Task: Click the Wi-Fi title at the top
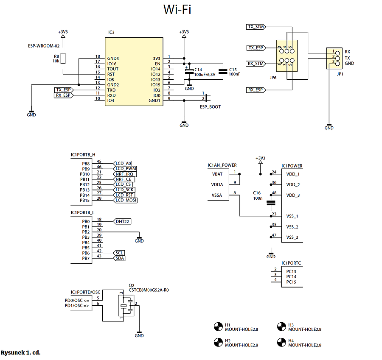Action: (177, 10)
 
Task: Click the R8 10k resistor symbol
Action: (63, 59)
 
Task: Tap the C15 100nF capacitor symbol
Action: (222, 72)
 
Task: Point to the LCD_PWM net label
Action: (126, 169)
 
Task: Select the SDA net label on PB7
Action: (120, 258)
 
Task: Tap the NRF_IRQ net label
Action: (125, 174)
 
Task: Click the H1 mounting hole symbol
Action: (218, 327)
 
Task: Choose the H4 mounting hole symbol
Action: (281, 342)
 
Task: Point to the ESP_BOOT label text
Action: (210, 107)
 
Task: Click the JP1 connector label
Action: (340, 74)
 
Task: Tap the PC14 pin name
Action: (291, 277)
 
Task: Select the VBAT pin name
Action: (217, 174)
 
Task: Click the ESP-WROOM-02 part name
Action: (44, 46)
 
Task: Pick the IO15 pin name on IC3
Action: (156, 85)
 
